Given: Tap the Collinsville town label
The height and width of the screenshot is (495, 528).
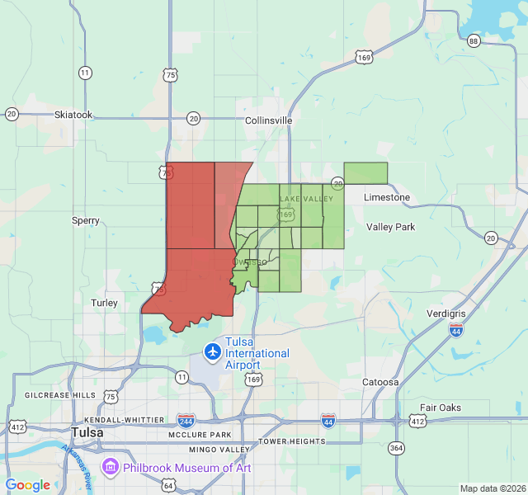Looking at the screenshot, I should coord(269,120).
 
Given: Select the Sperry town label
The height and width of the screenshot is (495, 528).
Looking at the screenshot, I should coord(86,220).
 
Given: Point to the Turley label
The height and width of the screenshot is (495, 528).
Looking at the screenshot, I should coord(104,303).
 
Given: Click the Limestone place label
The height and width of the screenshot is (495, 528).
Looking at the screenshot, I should coord(387,197).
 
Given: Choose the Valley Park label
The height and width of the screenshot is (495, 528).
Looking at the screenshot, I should coord(391,227).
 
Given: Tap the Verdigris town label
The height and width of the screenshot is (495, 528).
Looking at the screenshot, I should coord(446,314).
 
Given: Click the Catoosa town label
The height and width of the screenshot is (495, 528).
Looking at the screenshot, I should coord(381,382).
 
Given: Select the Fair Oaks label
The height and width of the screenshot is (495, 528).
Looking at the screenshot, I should coord(441,408).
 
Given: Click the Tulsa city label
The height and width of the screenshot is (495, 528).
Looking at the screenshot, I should coord(87,432).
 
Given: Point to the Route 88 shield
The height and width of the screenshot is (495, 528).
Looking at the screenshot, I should coord(473,41).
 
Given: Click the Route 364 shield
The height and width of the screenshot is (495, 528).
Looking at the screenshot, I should coord(397,448).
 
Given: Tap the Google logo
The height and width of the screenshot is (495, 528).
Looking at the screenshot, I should coord(28,485).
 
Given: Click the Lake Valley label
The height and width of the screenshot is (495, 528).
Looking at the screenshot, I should coord(306,199).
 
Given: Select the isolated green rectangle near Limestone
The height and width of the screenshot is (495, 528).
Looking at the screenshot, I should coord(365,172).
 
